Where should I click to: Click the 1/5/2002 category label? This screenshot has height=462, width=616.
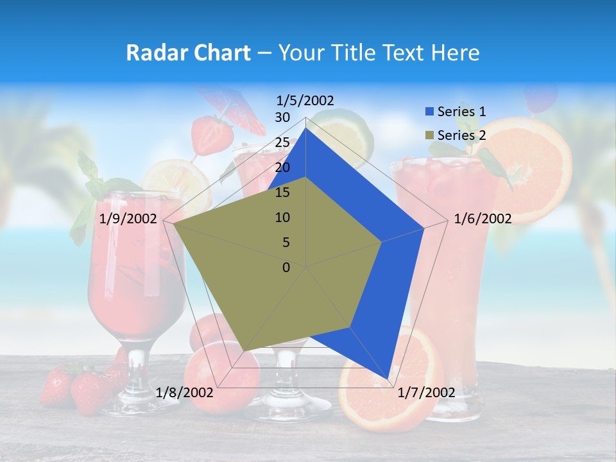click(305, 100)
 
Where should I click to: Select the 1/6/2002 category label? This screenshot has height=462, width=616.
click(483, 219)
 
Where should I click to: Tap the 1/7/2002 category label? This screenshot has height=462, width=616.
click(427, 393)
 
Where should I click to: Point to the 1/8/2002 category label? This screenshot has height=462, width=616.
click(185, 392)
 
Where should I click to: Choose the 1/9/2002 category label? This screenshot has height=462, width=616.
click(128, 219)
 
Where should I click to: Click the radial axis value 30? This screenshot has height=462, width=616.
click(282, 117)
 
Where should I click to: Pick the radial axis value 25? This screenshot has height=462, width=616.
click(282, 142)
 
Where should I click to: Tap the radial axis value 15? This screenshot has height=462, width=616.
click(282, 193)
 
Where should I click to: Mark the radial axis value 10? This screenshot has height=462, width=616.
click(282, 218)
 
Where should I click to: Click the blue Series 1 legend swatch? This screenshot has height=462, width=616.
click(429, 112)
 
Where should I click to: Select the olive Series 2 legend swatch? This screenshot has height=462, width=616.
click(429, 135)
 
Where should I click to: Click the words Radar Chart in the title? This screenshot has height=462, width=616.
click(188, 53)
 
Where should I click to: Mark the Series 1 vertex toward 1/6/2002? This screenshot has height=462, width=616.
click(424, 228)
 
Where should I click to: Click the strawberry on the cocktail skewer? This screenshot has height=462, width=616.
click(212, 133)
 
